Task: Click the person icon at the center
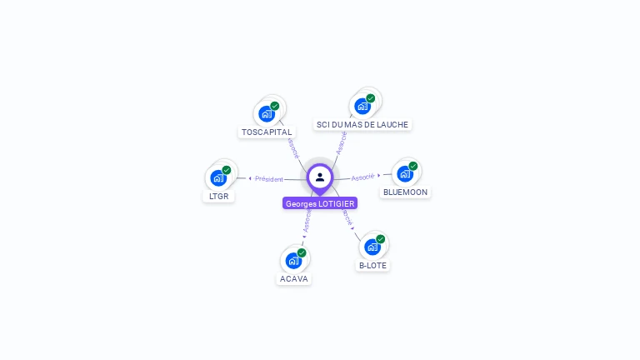coord(320,177)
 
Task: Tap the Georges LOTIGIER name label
coord(320,203)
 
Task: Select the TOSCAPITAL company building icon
coord(267,113)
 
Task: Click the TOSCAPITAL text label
coord(267,132)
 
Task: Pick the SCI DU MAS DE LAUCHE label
coord(362,125)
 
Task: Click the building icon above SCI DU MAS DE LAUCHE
coord(362,106)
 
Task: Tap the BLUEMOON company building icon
coord(405,173)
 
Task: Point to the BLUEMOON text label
coord(405,192)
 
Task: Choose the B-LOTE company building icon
coord(372,247)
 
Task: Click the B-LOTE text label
coord(372,266)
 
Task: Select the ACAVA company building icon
coord(293,260)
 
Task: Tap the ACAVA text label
coord(293,278)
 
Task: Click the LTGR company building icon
coord(218,177)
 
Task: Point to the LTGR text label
coord(218,197)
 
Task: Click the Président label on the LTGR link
coord(269,178)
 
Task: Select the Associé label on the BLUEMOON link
coord(362,177)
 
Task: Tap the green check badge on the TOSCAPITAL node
coord(275,106)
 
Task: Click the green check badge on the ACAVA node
coord(302,252)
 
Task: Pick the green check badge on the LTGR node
coord(227,170)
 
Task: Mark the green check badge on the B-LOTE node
coord(381,239)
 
